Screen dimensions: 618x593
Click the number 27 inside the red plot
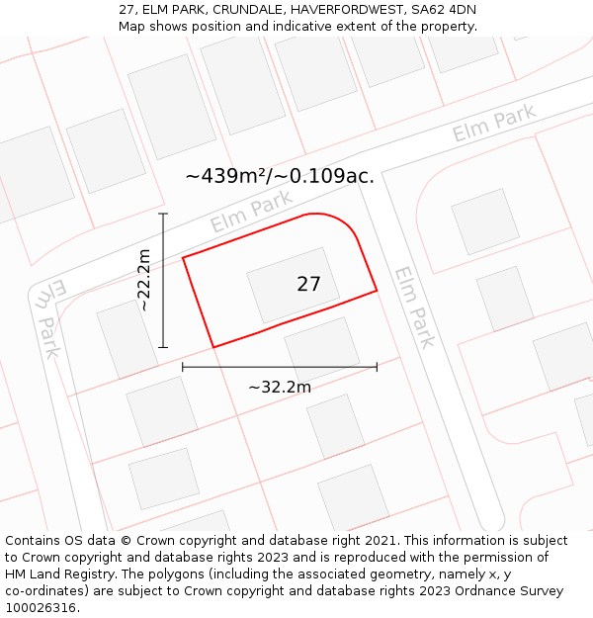[x=308, y=285]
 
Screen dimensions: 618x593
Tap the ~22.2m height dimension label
[x=144, y=280]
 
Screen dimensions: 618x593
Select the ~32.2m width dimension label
[x=279, y=387]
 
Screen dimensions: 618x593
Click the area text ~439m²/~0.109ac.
[x=280, y=176]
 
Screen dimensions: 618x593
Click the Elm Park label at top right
[x=494, y=123]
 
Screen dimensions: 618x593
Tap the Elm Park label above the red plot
[x=251, y=212]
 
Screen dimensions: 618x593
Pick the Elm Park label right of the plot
[x=414, y=307]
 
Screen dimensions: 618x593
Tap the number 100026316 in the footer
[x=41, y=608]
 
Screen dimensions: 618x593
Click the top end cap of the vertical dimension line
[x=163, y=214]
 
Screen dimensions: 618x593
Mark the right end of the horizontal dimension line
[x=377, y=367]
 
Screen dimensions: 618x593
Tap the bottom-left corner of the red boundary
[x=214, y=347]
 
